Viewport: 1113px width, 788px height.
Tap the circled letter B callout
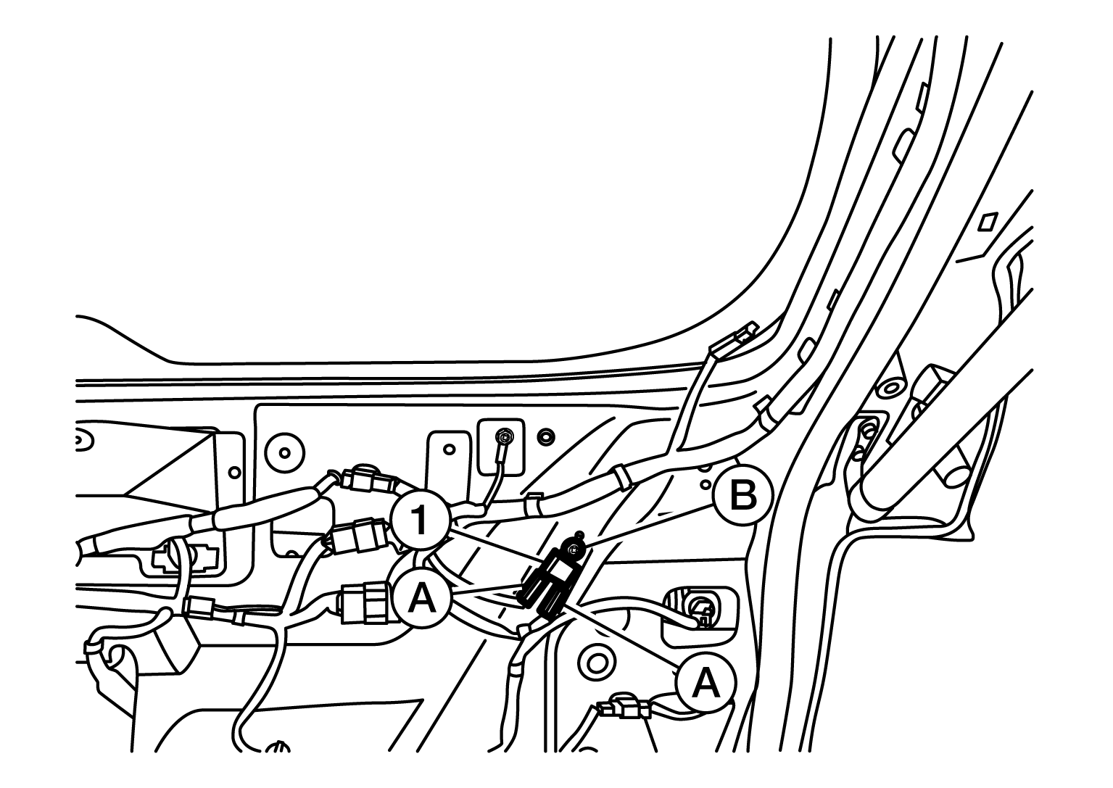(743, 495)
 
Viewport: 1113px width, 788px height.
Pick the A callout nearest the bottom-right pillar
(706, 684)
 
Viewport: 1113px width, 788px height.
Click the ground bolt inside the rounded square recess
(506, 436)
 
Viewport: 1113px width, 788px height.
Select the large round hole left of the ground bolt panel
(284, 453)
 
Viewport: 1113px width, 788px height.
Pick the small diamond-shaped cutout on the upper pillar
(988, 222)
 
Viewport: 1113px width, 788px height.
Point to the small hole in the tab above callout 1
(449, 449)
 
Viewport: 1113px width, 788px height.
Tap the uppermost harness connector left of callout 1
(367, 480)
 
